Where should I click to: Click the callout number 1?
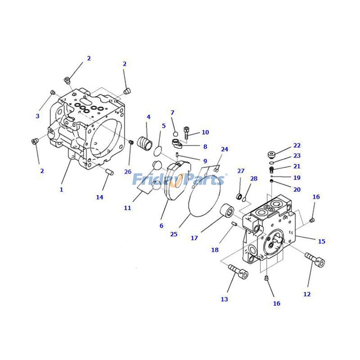click(61, 190)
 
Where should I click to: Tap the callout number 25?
click(174, 234)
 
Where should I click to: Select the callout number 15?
click(321, 242)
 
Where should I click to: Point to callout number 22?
click(297, 146)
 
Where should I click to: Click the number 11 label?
click(127, 208)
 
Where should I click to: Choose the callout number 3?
click(37, 116)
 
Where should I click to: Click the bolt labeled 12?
click(315, 259)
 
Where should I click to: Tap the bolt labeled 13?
click(238, 271)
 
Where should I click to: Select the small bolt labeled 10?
click(186, 132)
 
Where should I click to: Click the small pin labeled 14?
click(108, 171)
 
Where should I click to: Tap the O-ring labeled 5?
click(158, 149)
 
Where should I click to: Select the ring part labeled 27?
click(240, 196)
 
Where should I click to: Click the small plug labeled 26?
click(131, 143)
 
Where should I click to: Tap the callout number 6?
click(161, 226)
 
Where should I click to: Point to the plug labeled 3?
click(52, 92)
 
